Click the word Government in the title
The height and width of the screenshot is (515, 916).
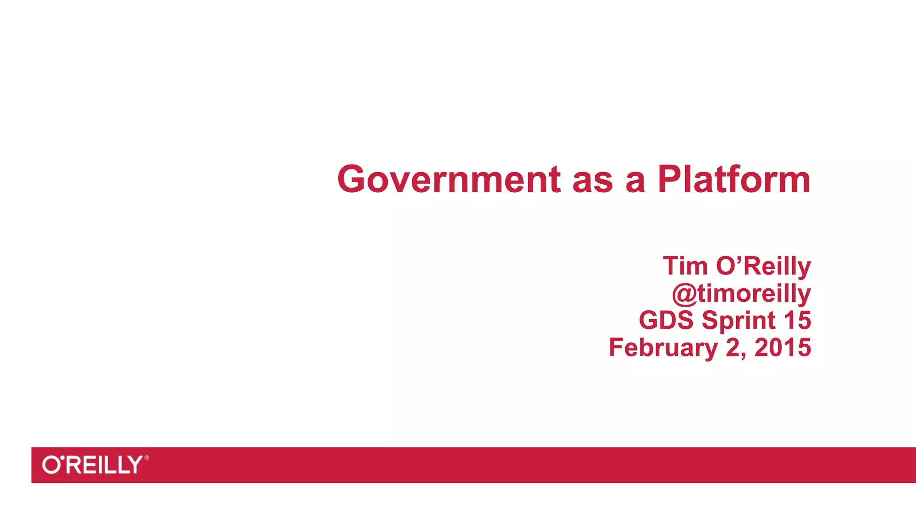click(x=449, y=179)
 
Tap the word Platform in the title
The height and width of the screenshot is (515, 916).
click(x=734, y=179)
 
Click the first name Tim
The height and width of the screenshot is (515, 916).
click(x=685, y=266)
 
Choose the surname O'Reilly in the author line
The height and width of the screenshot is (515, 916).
click(x=763, y=266)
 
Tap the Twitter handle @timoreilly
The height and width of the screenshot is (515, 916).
click(x=741, y=294)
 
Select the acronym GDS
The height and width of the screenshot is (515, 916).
click(x=666, y=320)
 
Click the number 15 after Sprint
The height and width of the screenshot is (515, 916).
click(x=797, y=320)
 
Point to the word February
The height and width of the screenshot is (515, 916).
click(x=663, y=348)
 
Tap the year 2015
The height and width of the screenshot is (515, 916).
click(x=783, y=347)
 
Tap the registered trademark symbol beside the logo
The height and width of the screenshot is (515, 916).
click(x=147, y=458)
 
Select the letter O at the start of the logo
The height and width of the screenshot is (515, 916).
click(x=51, y=465)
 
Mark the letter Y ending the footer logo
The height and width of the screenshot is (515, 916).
click(x=135, y=465)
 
